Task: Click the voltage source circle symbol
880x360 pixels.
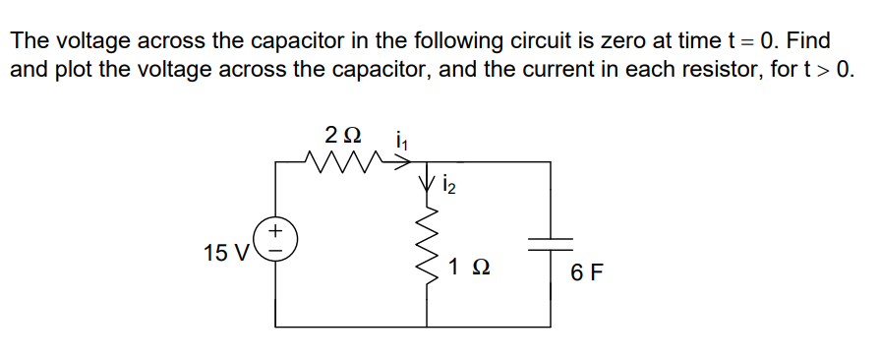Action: (x=275, y=240)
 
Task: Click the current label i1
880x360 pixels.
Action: (x=401, y=140)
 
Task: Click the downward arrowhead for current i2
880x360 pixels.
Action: (x=428, y=184)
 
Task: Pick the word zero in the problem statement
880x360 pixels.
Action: (x=631, y=41)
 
